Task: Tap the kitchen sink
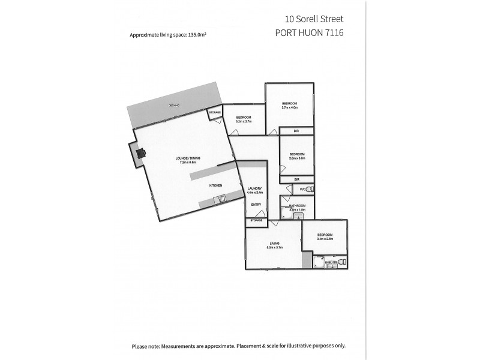pyautogui.click(x=221, y=198)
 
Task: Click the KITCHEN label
pyautogui.click(x=216, y=185)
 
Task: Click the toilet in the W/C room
pyautogui.click(x=310, y=190)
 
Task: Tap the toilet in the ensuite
pyautogui.click(x=342, y=262)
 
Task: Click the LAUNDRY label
pyautogui.click(x=254, y=188)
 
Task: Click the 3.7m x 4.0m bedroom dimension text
pyautogui.click(x=290, y=107)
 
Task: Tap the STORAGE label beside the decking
pyautogui.click(x=215, y=113)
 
